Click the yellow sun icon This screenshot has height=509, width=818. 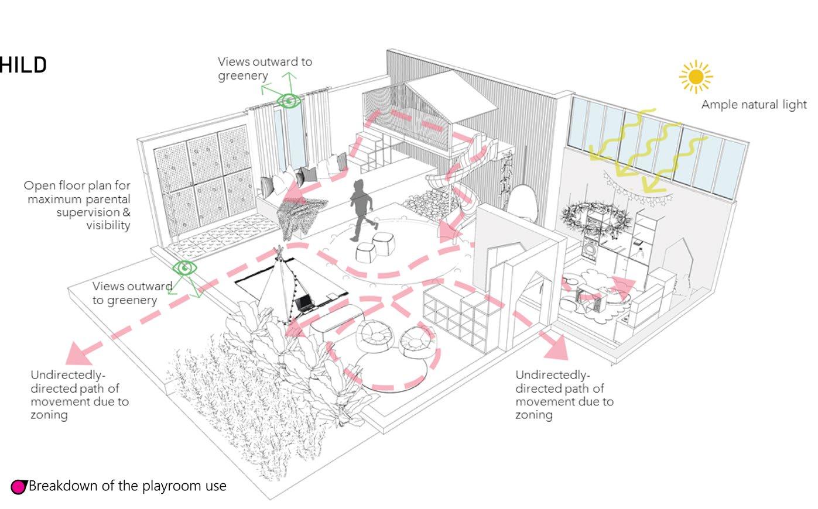tap(695, 77)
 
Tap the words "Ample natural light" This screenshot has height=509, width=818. tap(754, 105)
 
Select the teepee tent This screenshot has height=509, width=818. tap(276, 287)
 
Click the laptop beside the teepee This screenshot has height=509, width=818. tap(305, 303)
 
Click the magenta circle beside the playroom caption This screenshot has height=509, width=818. tap(19, 487)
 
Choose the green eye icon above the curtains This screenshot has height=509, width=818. tap(289, 101)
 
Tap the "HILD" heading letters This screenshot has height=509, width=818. tap(23, 65)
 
